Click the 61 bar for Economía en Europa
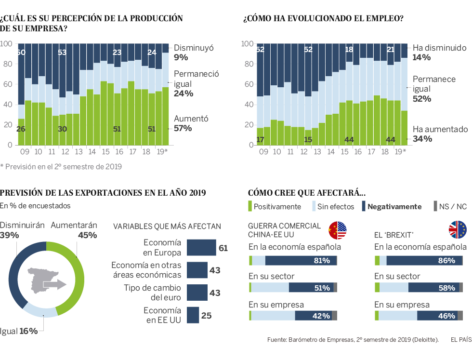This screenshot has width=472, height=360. [201, 248]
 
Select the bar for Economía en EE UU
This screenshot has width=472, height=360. [193, 315]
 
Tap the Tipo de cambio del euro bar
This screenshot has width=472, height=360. [197, 293]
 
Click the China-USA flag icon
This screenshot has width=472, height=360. [338, 230]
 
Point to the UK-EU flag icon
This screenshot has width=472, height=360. [458, 230]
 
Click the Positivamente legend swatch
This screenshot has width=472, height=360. [250, 206]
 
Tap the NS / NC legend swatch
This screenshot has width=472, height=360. [435, 206]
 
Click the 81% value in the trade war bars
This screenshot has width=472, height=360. [321, 261]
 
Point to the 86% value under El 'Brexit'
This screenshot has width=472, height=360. [446, 261]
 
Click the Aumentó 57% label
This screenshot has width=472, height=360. [190, 123]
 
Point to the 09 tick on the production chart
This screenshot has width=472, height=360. [25, 151]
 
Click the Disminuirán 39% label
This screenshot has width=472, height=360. [22, 230]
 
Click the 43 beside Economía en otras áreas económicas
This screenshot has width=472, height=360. [215, 270]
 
